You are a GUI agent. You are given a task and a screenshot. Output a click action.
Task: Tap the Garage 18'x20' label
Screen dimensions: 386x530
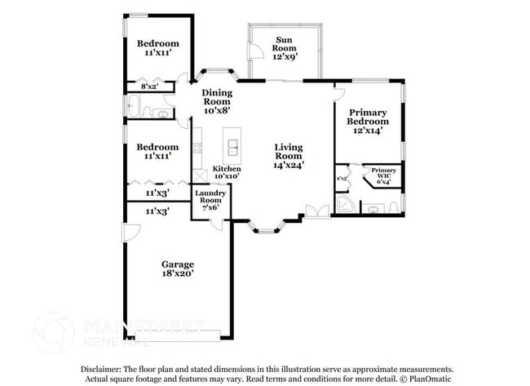point(177,269)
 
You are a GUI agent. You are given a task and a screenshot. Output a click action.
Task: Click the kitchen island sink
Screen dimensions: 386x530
point(233,148)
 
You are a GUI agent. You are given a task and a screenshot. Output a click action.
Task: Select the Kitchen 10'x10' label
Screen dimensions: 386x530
point(227,172)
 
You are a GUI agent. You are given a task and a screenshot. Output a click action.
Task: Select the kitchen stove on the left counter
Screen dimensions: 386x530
point(197,149)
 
